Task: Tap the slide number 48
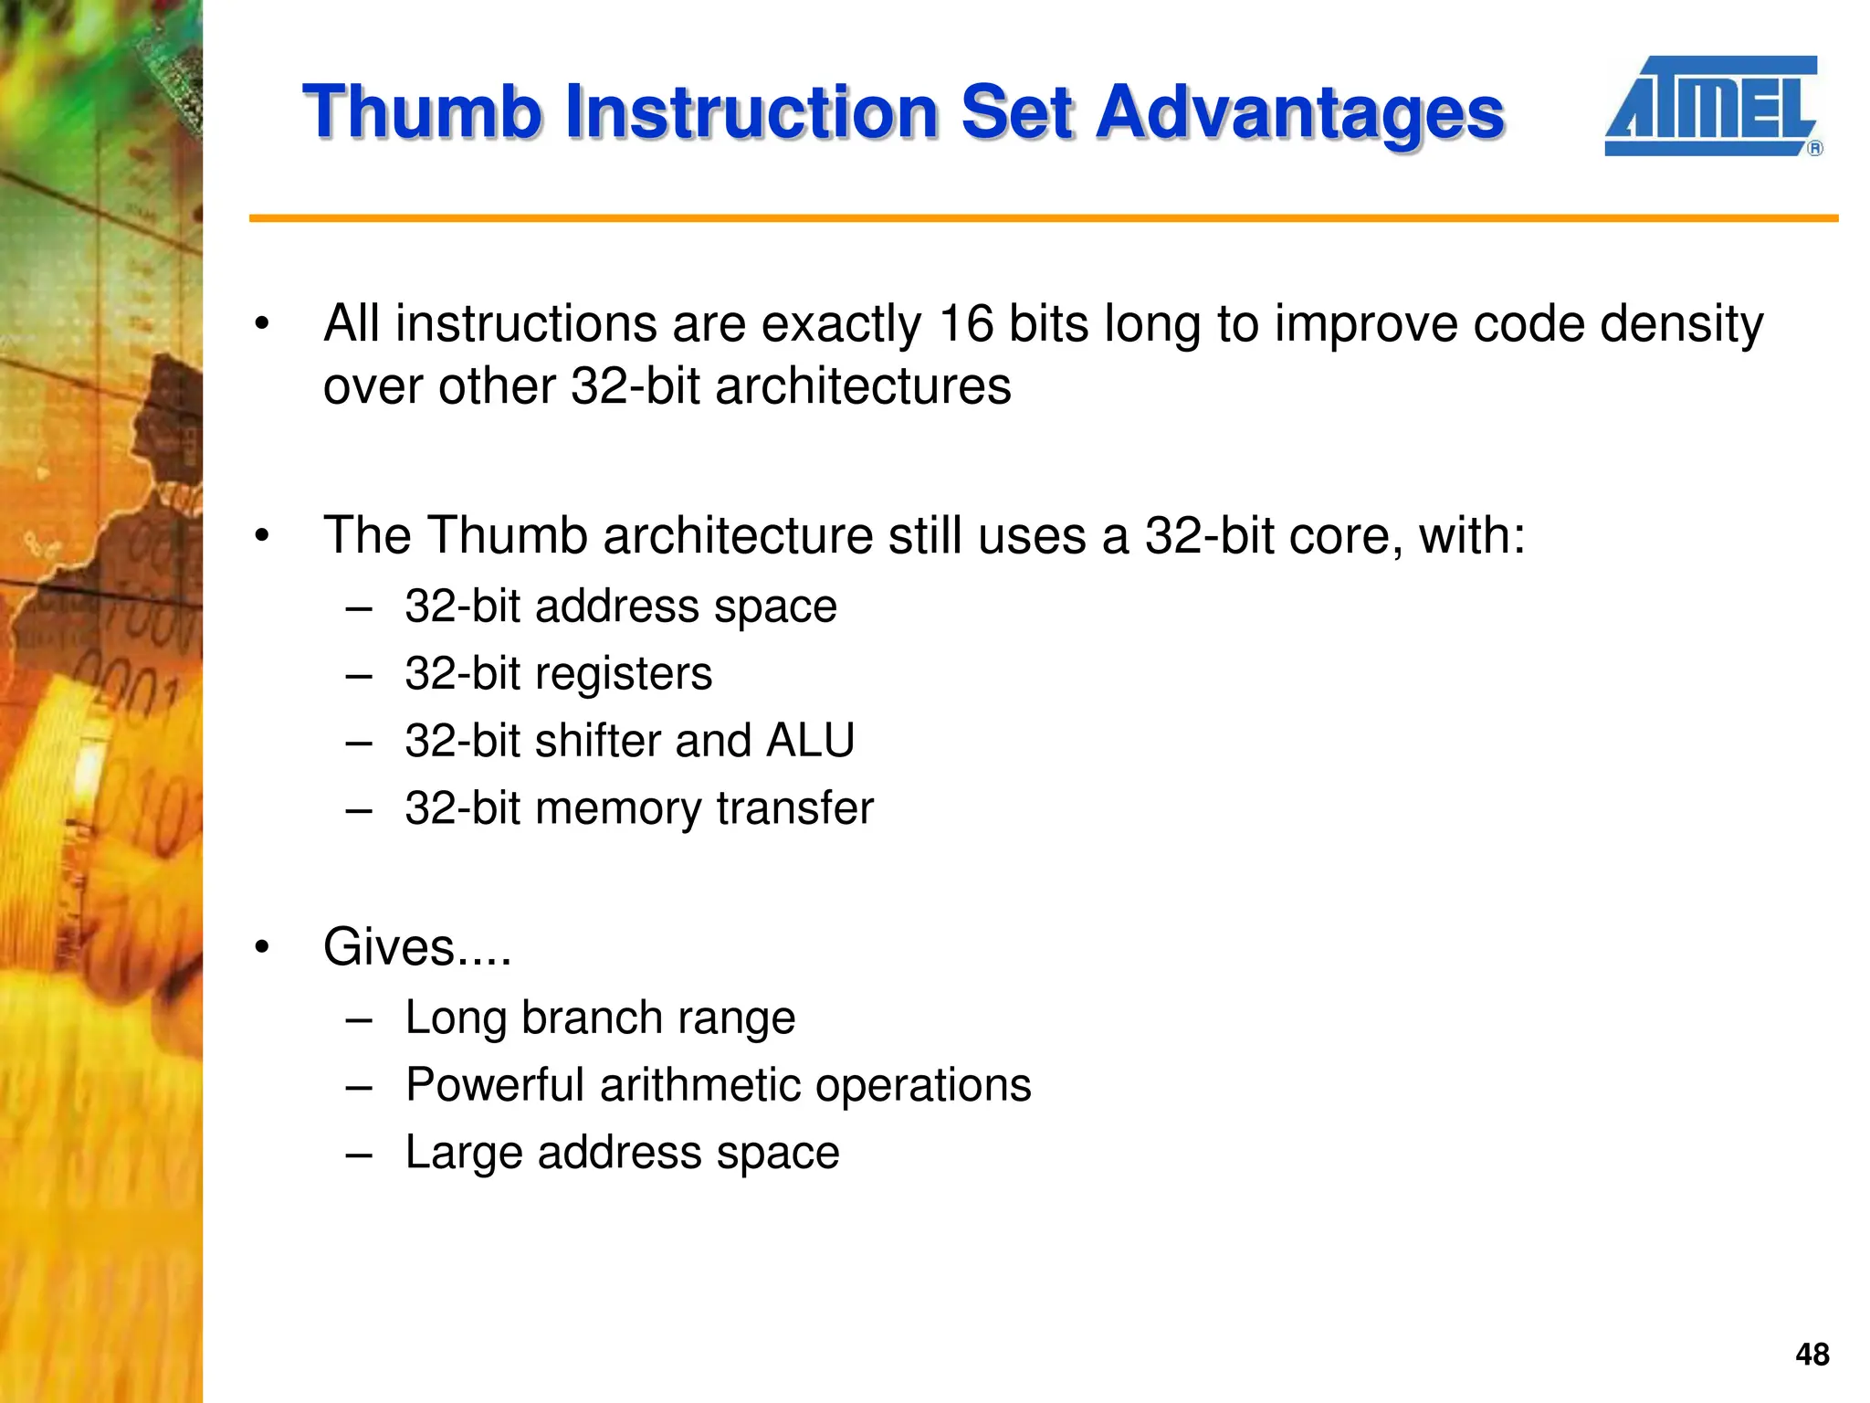pos(1812,1354)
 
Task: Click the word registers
pos(623,675)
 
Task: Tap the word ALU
pos(810,741)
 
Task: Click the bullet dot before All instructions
pos(263,324)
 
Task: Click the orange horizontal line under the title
pos(1041,218)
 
